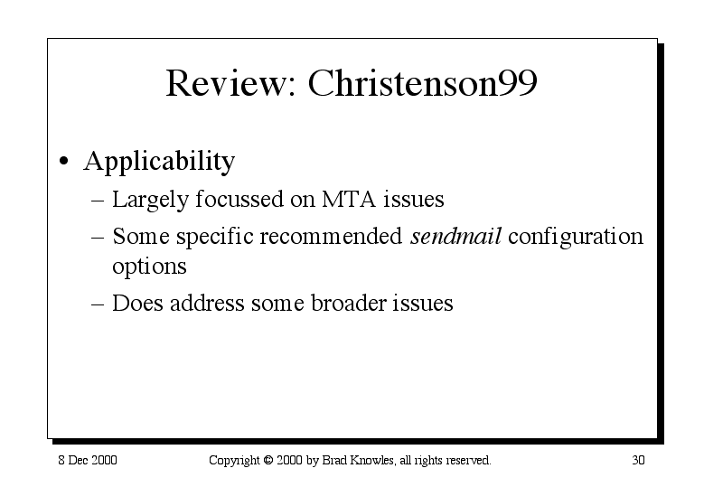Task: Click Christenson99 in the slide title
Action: tap(422, 82)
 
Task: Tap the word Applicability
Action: tap(159, 161)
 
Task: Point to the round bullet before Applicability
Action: tap(64, 161)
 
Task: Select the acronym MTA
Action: tap(349, 199)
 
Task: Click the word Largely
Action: tap(150, 201)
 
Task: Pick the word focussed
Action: tap(239, 199)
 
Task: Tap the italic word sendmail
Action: tap(455, 236)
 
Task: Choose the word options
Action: tap(149, 267)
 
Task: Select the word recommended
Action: tap(331, 236)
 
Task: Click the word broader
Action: tap(349, 303)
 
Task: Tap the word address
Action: tap(207, 303)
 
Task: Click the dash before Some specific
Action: tap(98, 237)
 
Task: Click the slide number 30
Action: tap(638, 460)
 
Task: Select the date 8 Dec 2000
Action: tap(88, 460)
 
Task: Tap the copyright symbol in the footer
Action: tap(268, 460)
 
